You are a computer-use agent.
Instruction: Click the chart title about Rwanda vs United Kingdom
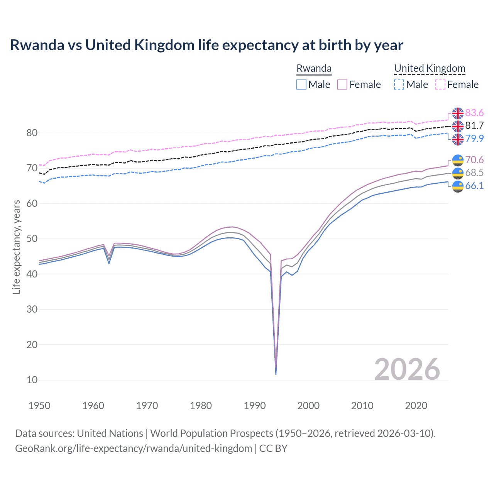click(206, 45)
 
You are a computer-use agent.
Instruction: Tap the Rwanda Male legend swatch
click(301, 85)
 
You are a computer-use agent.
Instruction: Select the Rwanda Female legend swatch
click(342, 85)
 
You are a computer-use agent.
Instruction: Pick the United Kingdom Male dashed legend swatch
click(399, 85)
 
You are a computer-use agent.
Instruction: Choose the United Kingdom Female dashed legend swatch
click(440, 85)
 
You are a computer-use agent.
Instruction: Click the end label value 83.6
click(474, 113)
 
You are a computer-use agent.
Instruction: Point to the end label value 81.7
click(474, 125)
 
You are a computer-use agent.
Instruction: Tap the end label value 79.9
click(474, 139)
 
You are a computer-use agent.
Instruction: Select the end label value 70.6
click(474, 160)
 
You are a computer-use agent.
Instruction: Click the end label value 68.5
click(474, 173)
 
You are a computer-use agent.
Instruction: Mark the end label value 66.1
click(474, 186)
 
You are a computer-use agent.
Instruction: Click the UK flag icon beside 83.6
click(458, 113)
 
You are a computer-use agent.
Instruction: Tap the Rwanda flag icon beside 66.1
click(458, 186)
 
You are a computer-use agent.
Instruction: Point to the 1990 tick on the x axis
click(255, 406)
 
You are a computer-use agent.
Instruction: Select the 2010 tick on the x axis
click(362, 406)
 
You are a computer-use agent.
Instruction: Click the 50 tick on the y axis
click(32, 239)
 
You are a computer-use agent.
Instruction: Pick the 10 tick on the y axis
click(32, 380)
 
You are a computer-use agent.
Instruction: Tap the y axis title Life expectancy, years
click(16, 247)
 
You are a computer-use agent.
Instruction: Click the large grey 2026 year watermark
click(407, 369)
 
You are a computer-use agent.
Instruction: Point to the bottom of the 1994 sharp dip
click(276, 374)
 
